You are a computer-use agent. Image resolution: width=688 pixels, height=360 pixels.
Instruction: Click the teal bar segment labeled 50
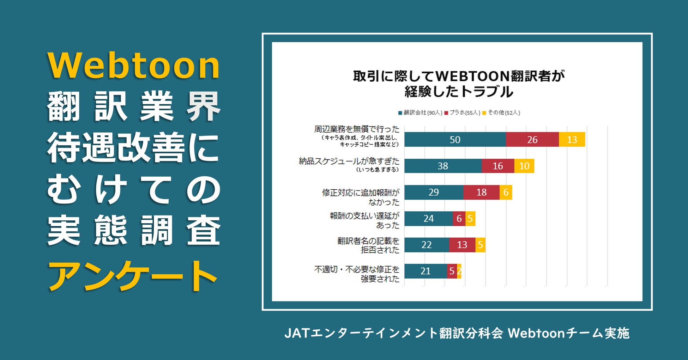click(455, 140)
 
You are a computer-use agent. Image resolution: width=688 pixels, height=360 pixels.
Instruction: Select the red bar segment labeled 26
click(532, 140)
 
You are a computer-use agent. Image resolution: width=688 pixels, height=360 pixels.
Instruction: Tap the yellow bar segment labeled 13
click(572, 140)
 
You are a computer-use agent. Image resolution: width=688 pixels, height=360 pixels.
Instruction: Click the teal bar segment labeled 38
click(443, 166)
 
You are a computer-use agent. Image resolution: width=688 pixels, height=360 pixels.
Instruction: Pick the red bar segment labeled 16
click(497, 166)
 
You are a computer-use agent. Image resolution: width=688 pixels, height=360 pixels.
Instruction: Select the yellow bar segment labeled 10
click(524, 166)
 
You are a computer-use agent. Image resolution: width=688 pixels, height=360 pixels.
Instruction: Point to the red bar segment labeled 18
click(481, 192)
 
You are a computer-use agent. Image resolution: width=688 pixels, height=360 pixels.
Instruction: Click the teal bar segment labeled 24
click(428, 219)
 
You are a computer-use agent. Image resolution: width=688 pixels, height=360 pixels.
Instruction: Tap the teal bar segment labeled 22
click(427, 245)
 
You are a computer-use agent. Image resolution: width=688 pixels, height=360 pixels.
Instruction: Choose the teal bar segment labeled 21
click(426, 271)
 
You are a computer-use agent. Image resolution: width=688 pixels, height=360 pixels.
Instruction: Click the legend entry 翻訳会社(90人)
click(420, 113)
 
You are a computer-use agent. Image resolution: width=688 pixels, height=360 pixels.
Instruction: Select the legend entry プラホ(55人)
click(463, 113)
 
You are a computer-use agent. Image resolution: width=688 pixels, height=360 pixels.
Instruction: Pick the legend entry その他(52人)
click(501, 113)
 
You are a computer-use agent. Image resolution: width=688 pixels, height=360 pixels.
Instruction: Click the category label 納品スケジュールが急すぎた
click(349, 161)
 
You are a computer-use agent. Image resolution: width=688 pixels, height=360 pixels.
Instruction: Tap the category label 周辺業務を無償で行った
click(357, 129)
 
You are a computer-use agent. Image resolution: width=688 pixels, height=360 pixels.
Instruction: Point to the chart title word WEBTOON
click(472, 76)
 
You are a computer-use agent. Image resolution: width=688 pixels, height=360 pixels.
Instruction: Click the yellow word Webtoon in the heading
click(134, 66)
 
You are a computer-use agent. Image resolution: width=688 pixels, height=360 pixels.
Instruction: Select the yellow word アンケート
click(132, 276)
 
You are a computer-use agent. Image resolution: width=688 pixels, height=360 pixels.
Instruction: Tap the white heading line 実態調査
click(134, 231)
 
